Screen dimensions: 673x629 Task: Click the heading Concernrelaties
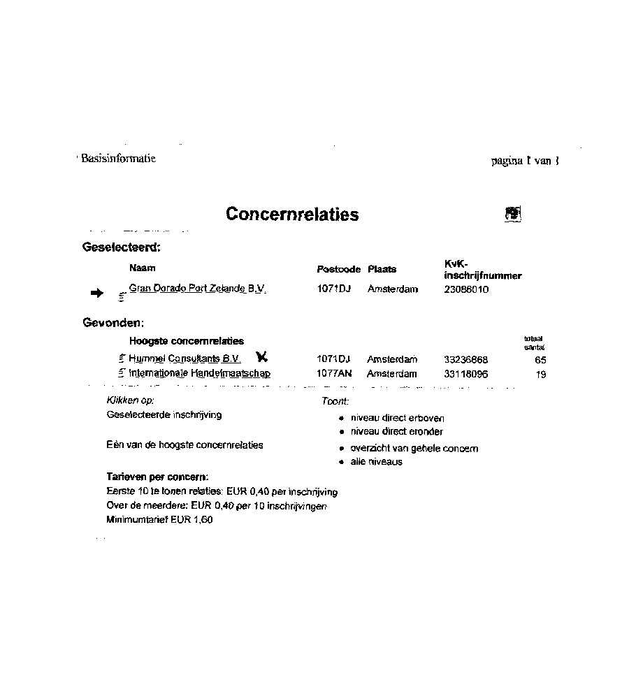pos(292,215)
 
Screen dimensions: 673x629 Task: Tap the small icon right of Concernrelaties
pos(513,214)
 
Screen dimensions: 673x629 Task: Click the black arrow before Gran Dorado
pos(96,294)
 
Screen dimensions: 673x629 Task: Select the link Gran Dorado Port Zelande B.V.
pos(197,289)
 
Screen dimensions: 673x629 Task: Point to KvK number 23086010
pos(466,289)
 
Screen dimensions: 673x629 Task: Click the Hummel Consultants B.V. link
pos(185,359)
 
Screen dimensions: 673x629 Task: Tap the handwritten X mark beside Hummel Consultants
pos(262,357)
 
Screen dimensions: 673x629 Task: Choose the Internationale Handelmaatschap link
pos(200,373)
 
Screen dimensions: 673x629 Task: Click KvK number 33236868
pos(466,359)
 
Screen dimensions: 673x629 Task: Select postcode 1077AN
pos(333,373)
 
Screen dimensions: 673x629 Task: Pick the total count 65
pos(540,360)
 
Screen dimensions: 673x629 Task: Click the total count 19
pos(540,375)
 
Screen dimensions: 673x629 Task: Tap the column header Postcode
pos(338,269)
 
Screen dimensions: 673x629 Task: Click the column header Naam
pos(143,268)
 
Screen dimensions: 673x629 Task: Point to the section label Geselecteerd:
pos(122,247)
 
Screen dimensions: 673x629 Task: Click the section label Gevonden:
pos(113,323)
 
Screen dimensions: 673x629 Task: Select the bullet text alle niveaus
pos(376,462)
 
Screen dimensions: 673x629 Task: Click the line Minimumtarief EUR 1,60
pos(159,520)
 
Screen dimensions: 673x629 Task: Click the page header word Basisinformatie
pos(118,159)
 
